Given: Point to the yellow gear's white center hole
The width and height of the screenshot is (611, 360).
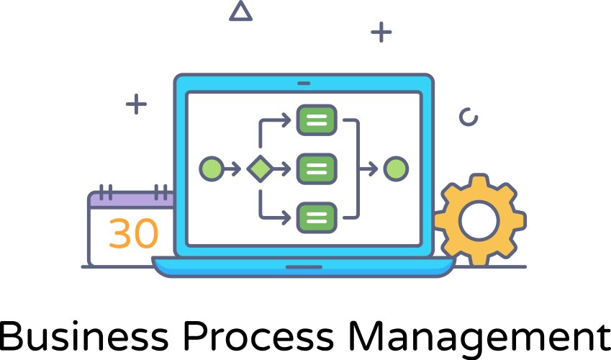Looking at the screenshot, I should [x=479, y=220].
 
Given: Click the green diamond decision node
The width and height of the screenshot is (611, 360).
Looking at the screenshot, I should [x=258, y=169].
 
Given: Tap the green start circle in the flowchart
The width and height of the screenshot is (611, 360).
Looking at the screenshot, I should [x=211, y=169].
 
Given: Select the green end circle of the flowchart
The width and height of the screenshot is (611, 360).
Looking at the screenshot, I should [x=396, y=169].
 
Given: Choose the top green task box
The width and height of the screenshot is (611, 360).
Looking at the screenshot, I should [x=317, y=120].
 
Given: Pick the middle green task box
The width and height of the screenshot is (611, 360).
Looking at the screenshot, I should [x=317, y=169].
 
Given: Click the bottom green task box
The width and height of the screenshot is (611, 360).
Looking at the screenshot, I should [x=317, y=216].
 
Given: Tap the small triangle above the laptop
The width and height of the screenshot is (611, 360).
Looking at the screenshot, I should [x=240, y=12].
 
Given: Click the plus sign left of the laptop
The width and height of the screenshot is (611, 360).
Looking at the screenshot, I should [x=136, y=104].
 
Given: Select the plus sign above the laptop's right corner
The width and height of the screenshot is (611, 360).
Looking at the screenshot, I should [x=381, y=32].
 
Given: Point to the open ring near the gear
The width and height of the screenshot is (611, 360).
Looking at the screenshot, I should [x=469, y=117].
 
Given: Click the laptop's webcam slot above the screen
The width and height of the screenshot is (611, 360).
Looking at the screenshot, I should [x=303, y=83].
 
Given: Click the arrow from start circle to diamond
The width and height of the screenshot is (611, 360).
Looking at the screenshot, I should [x=232, y=169].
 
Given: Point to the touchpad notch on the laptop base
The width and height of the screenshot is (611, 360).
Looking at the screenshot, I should [x=303, y=266].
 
